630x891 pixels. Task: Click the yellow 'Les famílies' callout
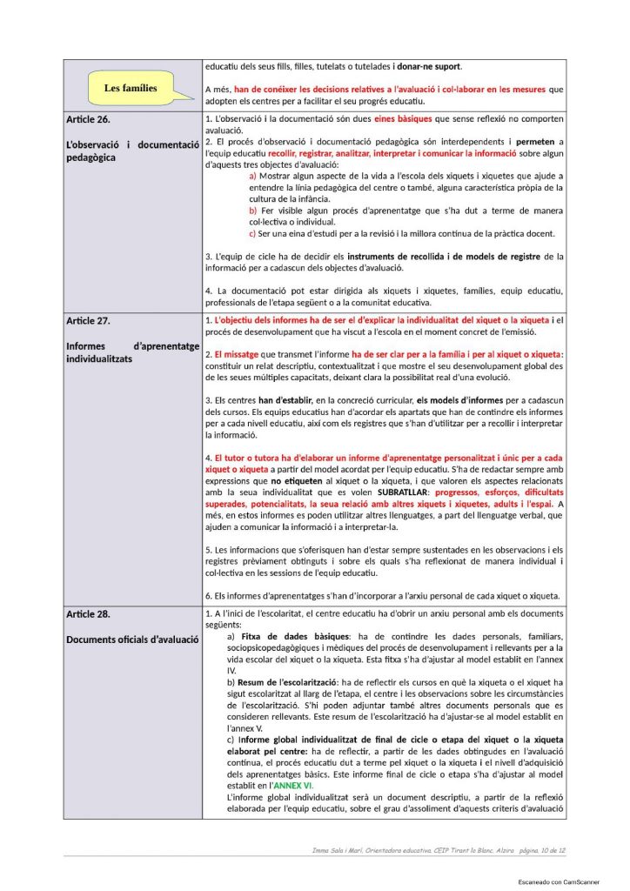click(131, 88)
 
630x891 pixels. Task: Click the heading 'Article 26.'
click(88, 118)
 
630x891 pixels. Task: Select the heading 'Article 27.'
click(88, 321)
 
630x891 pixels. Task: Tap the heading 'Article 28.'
click(88, 614)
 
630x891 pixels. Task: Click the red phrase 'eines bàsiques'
click(404, 118)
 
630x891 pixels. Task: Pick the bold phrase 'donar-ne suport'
click(430, 66)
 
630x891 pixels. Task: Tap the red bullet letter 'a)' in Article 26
click(253, 176)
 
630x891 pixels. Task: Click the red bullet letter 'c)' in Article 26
click(253, 233)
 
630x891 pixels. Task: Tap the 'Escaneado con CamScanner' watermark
click(557, 881)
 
